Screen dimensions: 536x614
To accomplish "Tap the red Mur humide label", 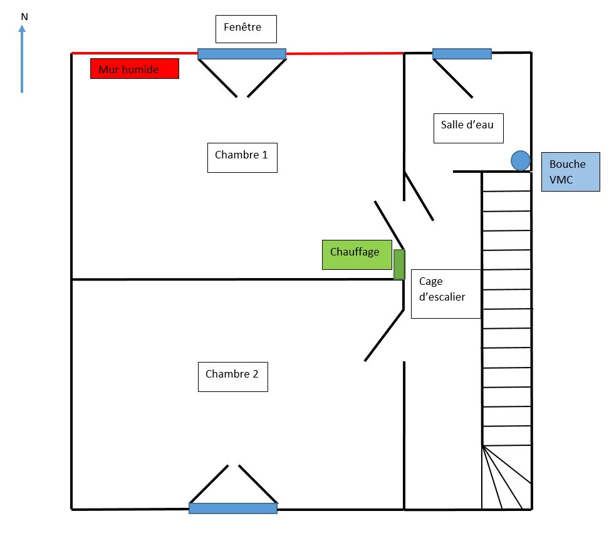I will click(x=135, y=69).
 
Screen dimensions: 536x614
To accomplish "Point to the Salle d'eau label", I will click(x=468, y=127).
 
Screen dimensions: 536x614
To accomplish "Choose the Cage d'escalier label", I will click(x=445, y=294).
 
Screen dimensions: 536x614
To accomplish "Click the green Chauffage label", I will click(x=356, y=254).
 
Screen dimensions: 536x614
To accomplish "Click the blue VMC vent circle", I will click(x=520, y=161).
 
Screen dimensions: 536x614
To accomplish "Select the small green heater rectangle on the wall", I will click(x=399, y=264).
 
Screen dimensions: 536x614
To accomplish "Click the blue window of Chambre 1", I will click(x=242, y=54).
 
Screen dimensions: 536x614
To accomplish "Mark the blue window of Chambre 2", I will click(x=233, y=508).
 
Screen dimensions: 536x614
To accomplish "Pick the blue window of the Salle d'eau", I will click(x=462, y=54).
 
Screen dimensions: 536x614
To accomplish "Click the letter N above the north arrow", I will click(x=24, y=17).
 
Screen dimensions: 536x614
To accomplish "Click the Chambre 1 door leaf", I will click(x=389, y=225).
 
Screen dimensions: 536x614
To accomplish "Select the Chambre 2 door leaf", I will click(x=384, y=335).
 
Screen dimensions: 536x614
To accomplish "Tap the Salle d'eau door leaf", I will click(x=419, y=196).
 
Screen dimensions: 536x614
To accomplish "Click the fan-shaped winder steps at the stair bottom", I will click(x=504, y=479).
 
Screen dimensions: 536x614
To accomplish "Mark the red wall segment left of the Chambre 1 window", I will click(x=135, y=53).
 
